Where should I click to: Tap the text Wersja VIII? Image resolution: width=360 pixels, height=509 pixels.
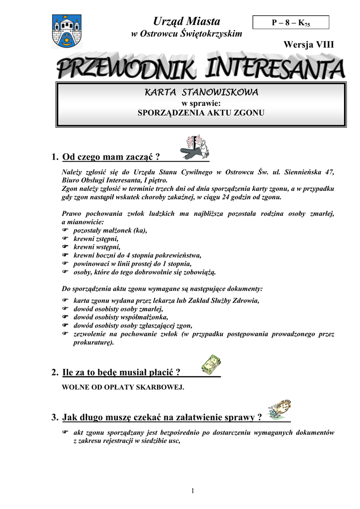(x=308, y=44)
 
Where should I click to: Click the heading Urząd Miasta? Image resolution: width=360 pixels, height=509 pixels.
(x=186, y=21)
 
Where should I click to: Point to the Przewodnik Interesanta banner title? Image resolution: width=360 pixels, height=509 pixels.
(x=200, y=69)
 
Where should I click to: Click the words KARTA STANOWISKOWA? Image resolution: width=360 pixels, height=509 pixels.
(x=201, y=93)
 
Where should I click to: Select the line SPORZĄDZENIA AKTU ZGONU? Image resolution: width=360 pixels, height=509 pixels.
(x=201, y=113)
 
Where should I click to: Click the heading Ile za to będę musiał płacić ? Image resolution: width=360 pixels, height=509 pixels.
(x=121, y=372)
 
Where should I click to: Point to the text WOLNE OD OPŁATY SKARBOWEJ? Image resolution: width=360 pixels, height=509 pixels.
(x=122, y=387)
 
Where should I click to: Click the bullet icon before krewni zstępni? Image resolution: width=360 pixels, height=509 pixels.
(x=65, y=239)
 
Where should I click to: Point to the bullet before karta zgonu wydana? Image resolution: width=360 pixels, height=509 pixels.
(x=65, y=301)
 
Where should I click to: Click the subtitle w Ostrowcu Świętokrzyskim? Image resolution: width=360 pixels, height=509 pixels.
(x=186, y=34)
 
